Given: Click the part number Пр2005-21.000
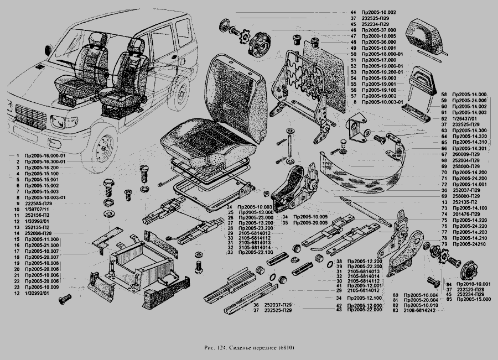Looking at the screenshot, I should pyautogui.click(x=40, y=245).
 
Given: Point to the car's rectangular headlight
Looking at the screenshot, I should pyautogui.click(x=58, y=121).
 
